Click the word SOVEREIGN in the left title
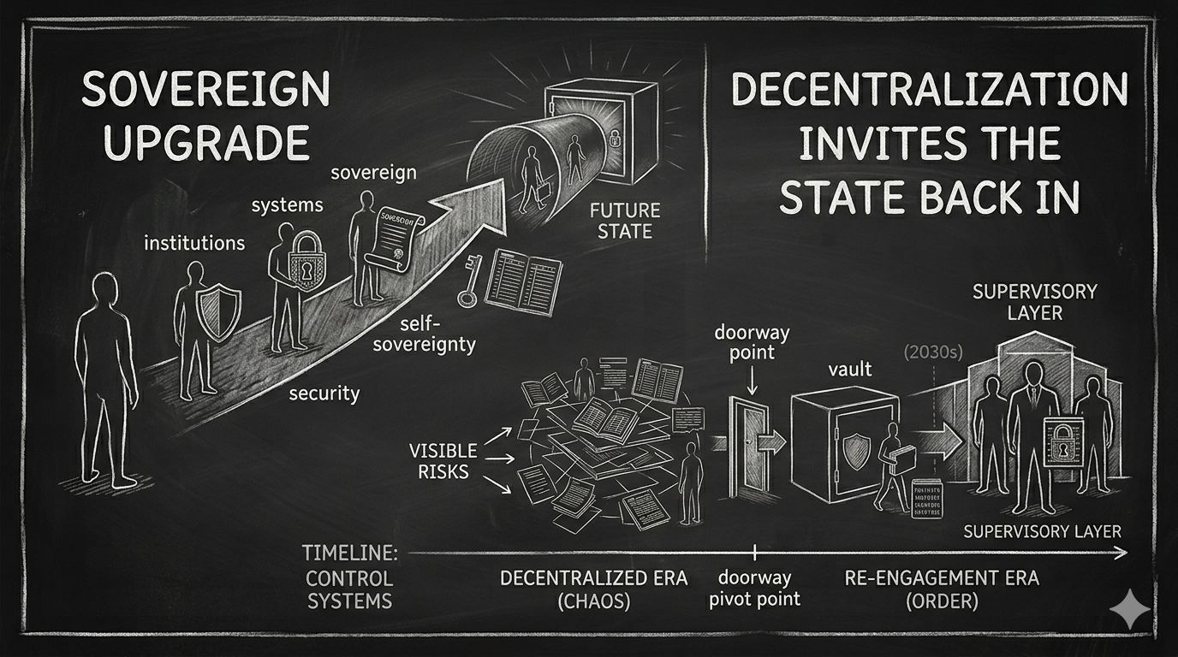205,90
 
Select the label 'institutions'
194,243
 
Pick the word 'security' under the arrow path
324,394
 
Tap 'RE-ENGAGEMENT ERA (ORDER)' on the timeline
941,589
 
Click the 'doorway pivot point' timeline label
755,588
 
